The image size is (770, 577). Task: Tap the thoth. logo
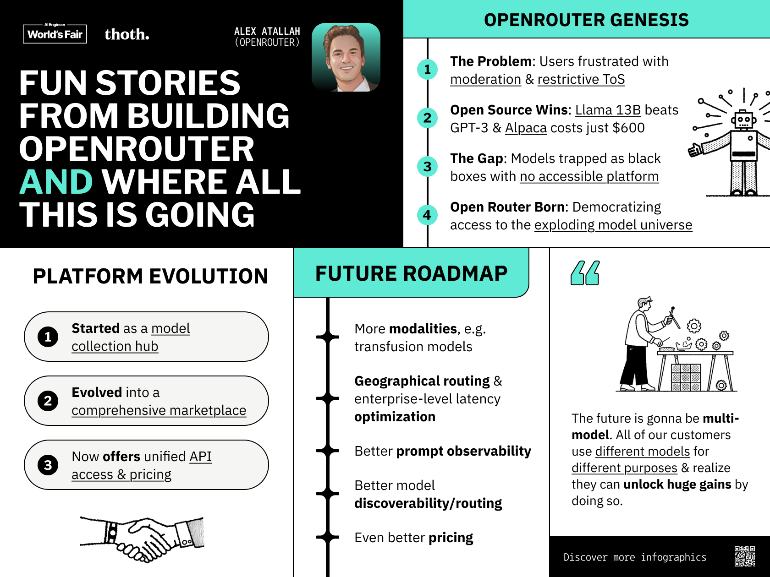[127, 34]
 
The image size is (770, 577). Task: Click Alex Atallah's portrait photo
[346, 57]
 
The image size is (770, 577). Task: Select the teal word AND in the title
[56, 182]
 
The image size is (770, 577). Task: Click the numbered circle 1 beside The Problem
[427, 70]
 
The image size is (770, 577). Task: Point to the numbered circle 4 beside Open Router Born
[427, 215]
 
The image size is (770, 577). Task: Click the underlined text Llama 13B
[608, 110]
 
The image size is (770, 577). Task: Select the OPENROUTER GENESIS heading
[586, 20]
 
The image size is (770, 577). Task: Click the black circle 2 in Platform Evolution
[48, 401]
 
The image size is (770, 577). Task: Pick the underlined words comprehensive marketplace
[159, 410]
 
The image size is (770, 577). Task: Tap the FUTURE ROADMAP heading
[411, 273]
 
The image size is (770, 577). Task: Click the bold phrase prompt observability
[463, 451]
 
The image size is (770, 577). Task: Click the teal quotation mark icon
[585, 273]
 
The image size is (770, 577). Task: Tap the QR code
[744, 556]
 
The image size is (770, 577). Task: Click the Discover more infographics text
[635, 557]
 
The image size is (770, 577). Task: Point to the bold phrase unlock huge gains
[677, 484]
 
